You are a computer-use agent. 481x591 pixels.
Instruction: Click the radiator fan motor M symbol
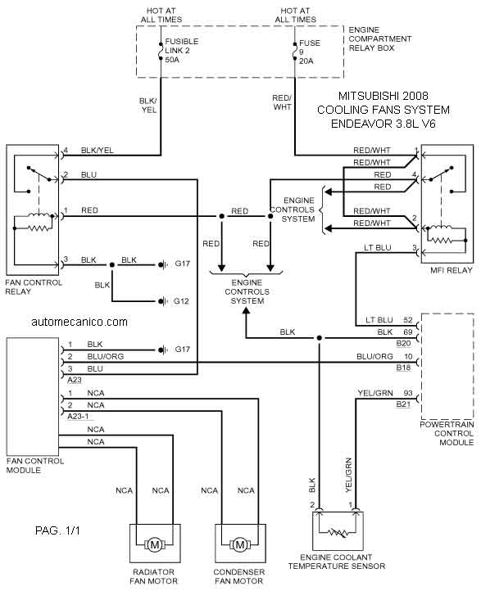click(155, 544)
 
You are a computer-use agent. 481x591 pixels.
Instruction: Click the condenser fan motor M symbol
click(240, 544)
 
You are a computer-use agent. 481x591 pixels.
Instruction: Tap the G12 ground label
click(181, 301)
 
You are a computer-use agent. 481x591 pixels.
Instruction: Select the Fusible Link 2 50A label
click(181, 51)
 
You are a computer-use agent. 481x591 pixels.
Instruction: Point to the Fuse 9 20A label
click(310, 52)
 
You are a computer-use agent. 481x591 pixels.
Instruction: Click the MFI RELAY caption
click(452, 270)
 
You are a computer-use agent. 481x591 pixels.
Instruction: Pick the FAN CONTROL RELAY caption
click(34, 286)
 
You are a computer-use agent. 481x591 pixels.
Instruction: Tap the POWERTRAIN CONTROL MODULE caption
click(447, 433)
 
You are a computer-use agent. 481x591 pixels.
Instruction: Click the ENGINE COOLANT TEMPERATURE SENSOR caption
click(337, 562)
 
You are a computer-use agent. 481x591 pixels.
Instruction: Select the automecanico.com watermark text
click(79, 322)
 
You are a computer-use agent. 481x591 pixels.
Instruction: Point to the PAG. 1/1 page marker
click(57, 530)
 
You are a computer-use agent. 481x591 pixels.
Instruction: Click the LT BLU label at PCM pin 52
click(379, 320)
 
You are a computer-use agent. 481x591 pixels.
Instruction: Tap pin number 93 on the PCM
click(408, 393)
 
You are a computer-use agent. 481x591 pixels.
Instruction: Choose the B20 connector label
click(403, 343)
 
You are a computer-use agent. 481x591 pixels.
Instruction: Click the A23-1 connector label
click(78, 416)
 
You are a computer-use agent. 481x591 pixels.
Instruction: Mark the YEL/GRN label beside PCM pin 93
click(375, 393)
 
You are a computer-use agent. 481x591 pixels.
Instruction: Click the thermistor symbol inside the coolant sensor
click(338, 533)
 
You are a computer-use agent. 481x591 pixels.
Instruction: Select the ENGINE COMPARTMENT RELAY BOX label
click(380, 38)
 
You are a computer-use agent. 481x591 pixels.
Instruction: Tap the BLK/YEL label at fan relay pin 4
click(97, 151)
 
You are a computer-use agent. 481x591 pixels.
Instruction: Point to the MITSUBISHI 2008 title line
click(383, 96)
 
